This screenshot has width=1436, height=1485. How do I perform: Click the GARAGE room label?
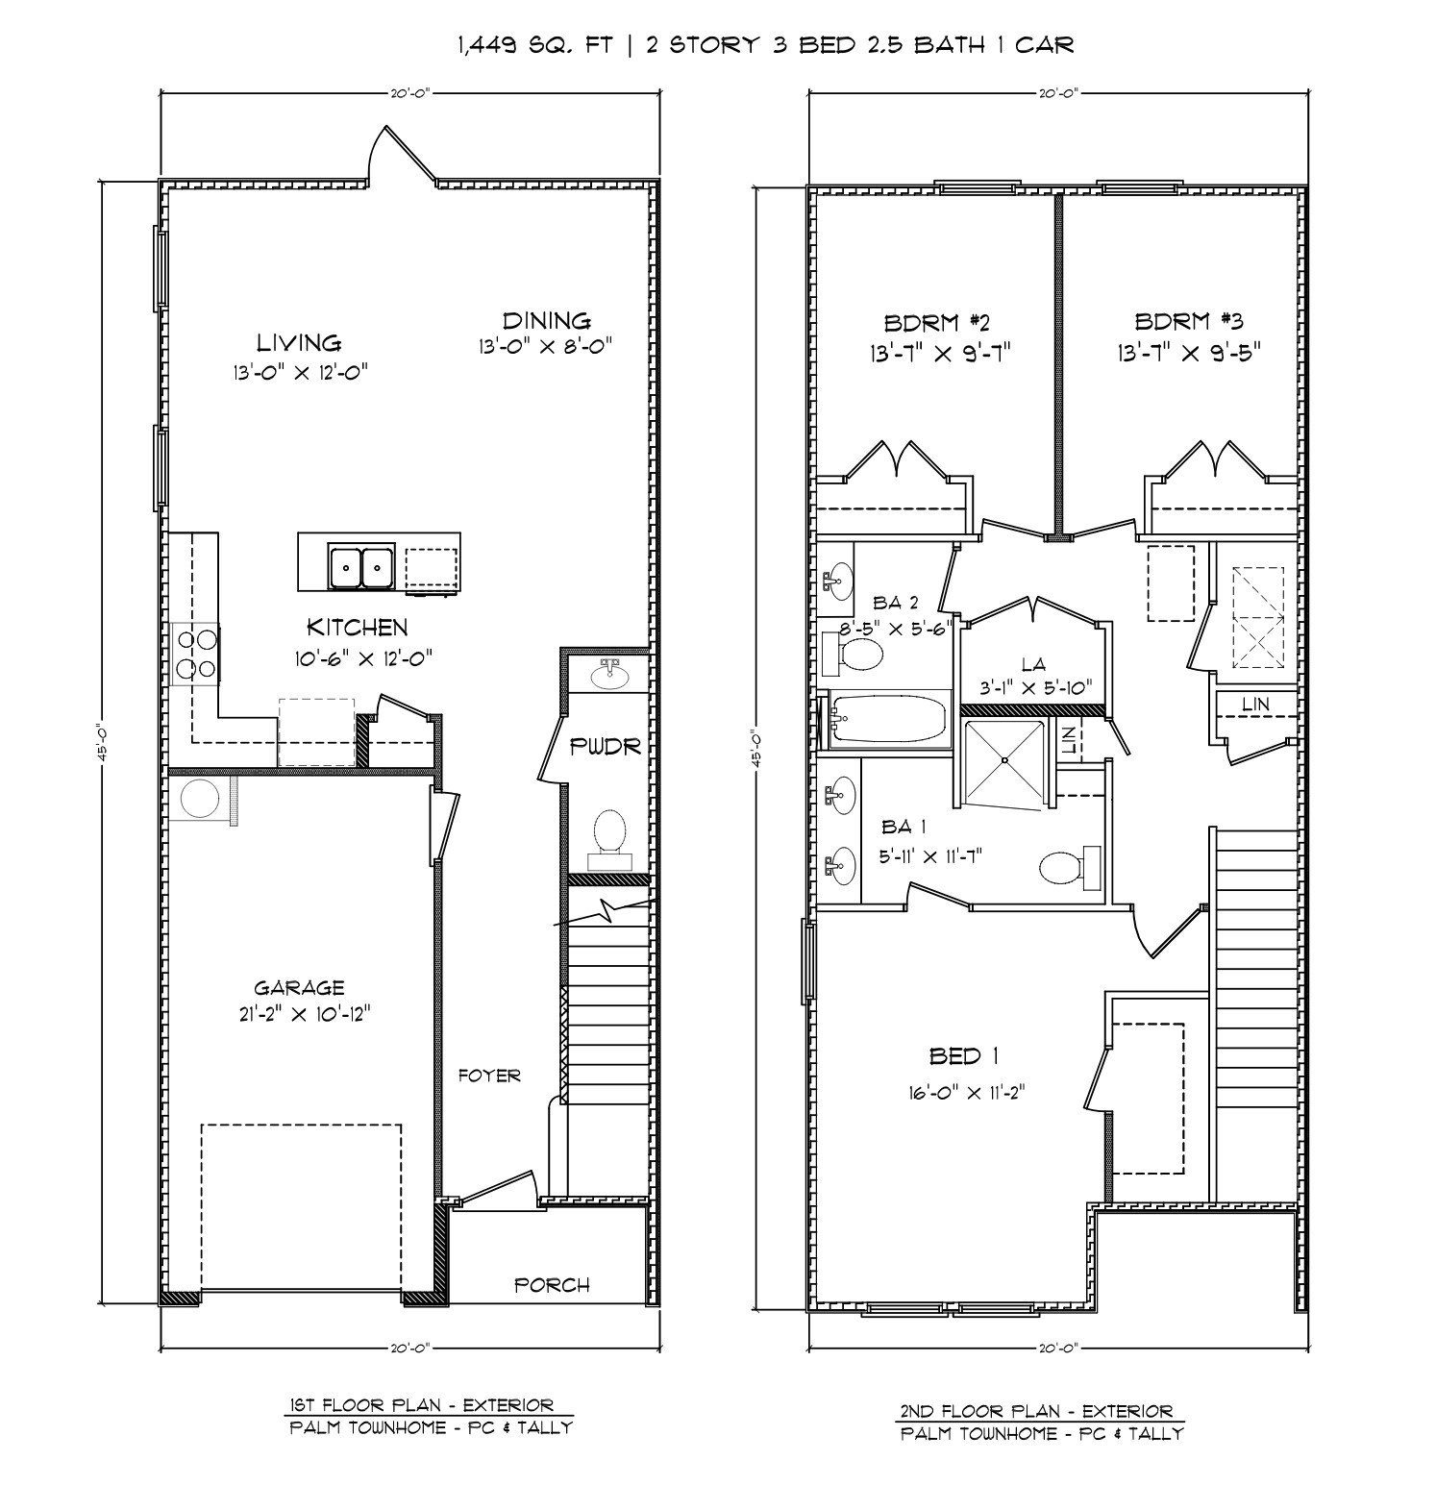(299, 987)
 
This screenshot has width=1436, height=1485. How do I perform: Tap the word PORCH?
(552, 1284)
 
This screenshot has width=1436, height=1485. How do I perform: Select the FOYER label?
(489, 1076)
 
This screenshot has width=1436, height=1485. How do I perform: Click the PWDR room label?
(605, 747)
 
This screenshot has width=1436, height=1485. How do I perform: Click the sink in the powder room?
(607, 677)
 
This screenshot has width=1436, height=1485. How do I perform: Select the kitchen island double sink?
(361, 566)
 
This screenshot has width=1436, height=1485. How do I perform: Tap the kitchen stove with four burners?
(195, 655)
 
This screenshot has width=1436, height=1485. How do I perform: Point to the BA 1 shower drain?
(1003, 759)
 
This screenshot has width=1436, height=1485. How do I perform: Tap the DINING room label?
(546, 320)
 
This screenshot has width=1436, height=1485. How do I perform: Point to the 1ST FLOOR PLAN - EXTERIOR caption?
(420, 1406)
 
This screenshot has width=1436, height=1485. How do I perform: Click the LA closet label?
(1033, 663)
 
